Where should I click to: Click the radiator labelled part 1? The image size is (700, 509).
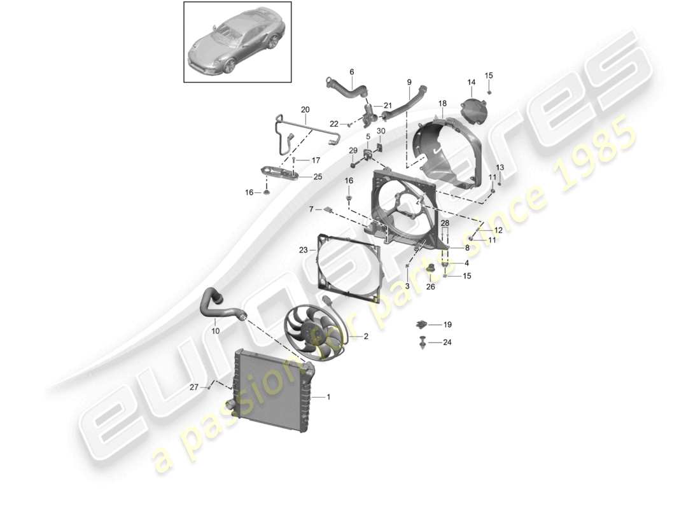(x=270, y=394)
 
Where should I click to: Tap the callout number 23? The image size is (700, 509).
(x=304, y=250)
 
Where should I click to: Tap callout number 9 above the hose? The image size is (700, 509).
(x=409, y=82)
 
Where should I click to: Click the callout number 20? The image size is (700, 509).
(x=305, y=109)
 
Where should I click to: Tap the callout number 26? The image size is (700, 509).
(x=431, y=286)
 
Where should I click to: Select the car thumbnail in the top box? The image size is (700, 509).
(x=237, y=43)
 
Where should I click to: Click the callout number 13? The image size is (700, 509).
(x=500, y=167)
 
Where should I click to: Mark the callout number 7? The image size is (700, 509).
(x=311, y=209)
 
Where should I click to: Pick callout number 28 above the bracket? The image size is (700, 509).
(x=445, y=223)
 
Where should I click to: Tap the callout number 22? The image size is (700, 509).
(x=334, y=123)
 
